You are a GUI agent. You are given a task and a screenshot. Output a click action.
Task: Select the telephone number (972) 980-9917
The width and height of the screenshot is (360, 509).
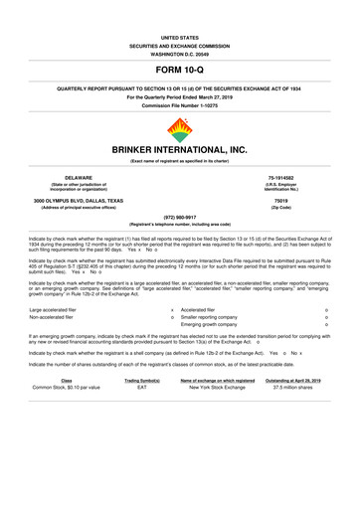pyautogui.click(x=179, y=251)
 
